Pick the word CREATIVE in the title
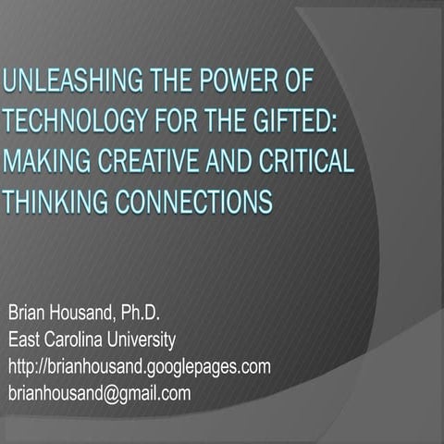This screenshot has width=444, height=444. [154, 161]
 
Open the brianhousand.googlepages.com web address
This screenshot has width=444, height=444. [139, 367]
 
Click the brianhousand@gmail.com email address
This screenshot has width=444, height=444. [99, 393]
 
